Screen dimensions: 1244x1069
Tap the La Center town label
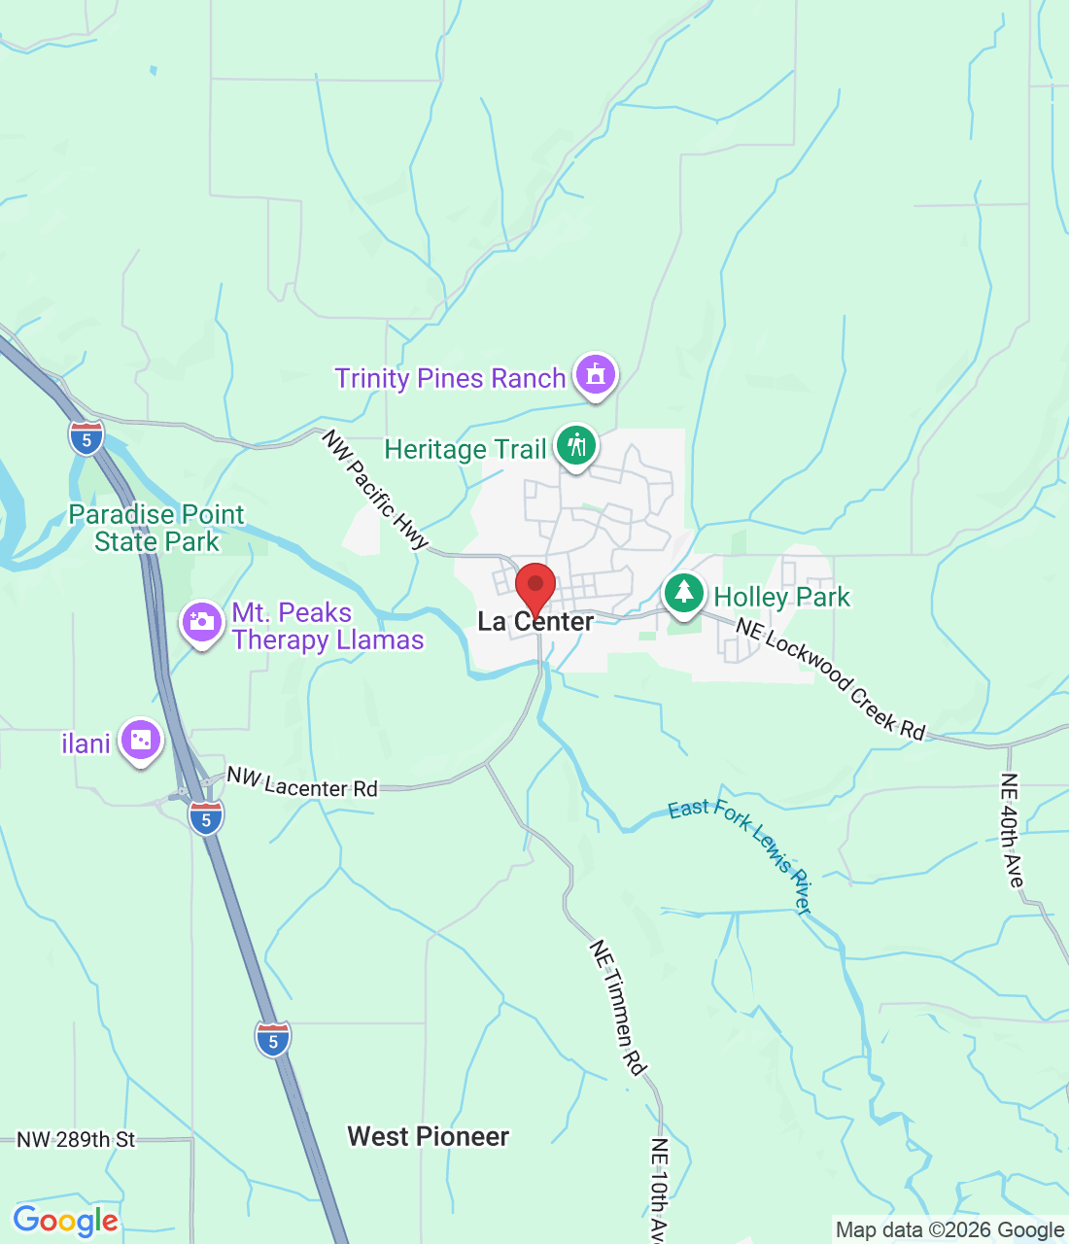click(x=535, y=622)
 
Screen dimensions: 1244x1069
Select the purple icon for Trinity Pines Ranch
click(x=595, y=375)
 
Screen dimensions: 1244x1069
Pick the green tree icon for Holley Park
click(x=684, y=593)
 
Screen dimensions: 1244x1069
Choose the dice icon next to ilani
click(x=141, y=742)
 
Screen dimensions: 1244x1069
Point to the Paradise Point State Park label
click(x=156, y=528)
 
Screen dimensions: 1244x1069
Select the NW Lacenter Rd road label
click(x=301, y=782)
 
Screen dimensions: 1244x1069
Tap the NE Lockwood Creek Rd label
click(x=830, y=677)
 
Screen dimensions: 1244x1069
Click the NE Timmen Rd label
click(x=618, y=1007)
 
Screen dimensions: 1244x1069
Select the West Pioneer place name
click(x=429, y=1136)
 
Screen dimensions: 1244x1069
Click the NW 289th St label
click(x=76, y=1139)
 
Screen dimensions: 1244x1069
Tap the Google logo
click(x=66, y=1221)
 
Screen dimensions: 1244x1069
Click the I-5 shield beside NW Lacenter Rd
click(x=206, y=819)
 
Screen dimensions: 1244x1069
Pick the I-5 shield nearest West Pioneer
click(x=273, y=1040)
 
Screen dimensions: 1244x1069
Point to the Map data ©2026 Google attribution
click(x=949, y=1230)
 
